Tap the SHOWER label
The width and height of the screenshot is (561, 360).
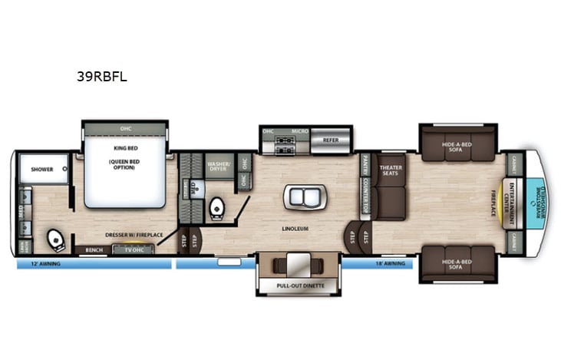tap(41, 169)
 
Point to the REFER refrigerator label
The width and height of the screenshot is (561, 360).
tap(331, 140)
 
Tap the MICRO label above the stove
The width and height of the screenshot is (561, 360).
tap(300, 131)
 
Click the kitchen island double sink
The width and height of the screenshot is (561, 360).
tap(304, 197)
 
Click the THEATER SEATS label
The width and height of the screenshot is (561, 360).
tap(391, 171)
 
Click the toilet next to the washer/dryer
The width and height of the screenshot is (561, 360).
tap(216, 207)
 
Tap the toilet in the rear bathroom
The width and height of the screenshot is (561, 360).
tap(54, 240)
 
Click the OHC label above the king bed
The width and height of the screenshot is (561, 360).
tap(125, 128)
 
